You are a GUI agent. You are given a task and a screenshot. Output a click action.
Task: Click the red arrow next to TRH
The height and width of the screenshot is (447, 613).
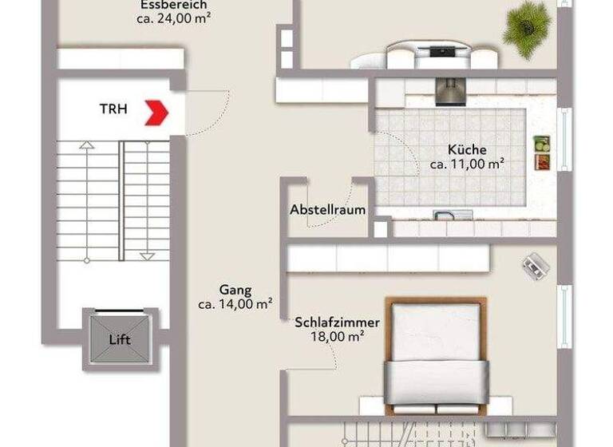coord(157,112)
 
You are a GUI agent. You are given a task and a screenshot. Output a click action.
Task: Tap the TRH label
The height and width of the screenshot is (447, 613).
coord(112,109)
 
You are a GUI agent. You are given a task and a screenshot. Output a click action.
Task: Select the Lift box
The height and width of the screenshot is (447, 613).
coord(120,339)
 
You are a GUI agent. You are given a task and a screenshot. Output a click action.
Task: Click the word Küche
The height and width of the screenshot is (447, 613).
coord(467,149)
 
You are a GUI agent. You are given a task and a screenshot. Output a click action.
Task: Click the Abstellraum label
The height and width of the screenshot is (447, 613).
coord(328,210)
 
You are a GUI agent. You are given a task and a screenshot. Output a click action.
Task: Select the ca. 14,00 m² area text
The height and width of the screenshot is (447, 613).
coord(235,304)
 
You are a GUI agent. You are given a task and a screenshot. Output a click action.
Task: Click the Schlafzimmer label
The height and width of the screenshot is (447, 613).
coord(337,322)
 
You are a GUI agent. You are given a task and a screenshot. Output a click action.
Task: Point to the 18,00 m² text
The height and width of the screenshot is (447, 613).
coord(337,337)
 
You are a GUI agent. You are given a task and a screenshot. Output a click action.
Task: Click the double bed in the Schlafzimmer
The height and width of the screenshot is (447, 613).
coord(436,356)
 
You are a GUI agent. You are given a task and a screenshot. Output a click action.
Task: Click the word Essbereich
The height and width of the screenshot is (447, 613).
coord(172,4)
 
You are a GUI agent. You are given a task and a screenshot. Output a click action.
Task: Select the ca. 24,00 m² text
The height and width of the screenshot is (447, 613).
coord(172,17)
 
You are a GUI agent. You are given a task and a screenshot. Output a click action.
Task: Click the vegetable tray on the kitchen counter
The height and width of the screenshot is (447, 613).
coord(542,152)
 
